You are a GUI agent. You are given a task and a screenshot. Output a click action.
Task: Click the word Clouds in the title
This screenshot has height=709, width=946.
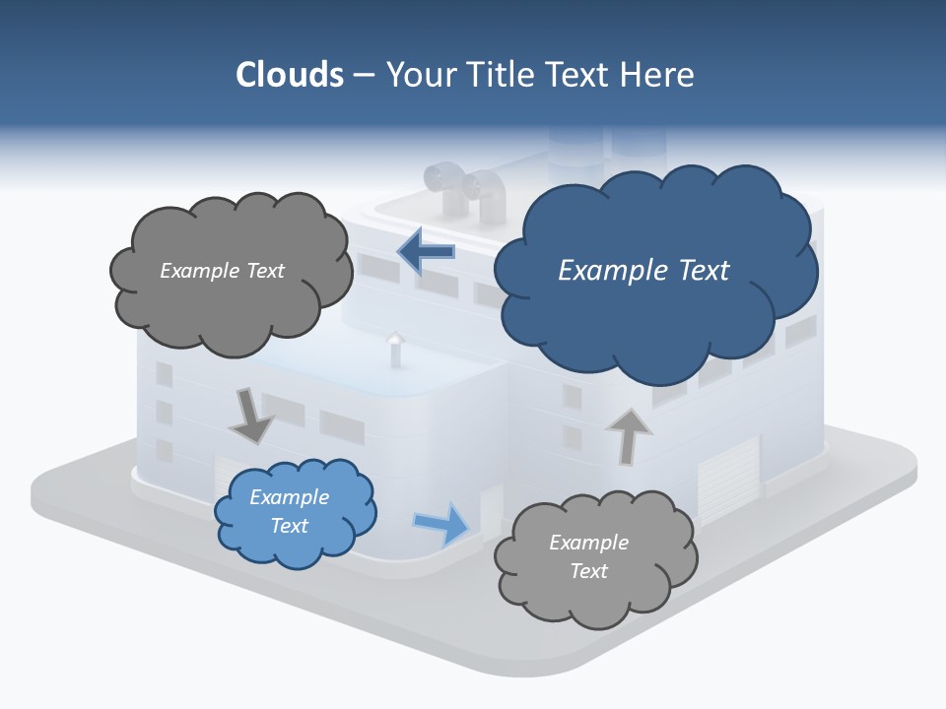pyautogui.click(x=290, y=75)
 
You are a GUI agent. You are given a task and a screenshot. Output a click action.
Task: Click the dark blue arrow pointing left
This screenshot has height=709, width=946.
pyautogui.click(x=426, y=252)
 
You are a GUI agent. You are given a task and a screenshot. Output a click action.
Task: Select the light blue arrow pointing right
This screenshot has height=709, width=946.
pyautogui.click(x=441, y=523)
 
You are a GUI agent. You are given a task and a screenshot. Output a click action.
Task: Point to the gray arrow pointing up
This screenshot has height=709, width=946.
pyautogui.click(x=628, y=436)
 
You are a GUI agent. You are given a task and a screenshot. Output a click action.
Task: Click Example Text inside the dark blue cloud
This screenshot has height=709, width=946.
pyautogui.click(x=643, y=271)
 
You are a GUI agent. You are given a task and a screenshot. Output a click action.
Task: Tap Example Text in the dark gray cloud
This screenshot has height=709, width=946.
pyautogui.click(x=222, y=271)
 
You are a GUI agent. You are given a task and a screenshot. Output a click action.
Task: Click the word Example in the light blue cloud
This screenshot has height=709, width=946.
pyautogui.click(x=289, y=497)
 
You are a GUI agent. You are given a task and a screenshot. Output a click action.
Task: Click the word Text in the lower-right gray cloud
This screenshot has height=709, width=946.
pyautogui.click(x=589, y=571)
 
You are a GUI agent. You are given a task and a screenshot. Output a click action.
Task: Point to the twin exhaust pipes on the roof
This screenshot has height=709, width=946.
pyautogui.click(x=464, y=189)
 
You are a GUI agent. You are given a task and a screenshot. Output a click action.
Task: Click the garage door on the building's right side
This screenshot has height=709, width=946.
pyautogui.click(x=729, y=471)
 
